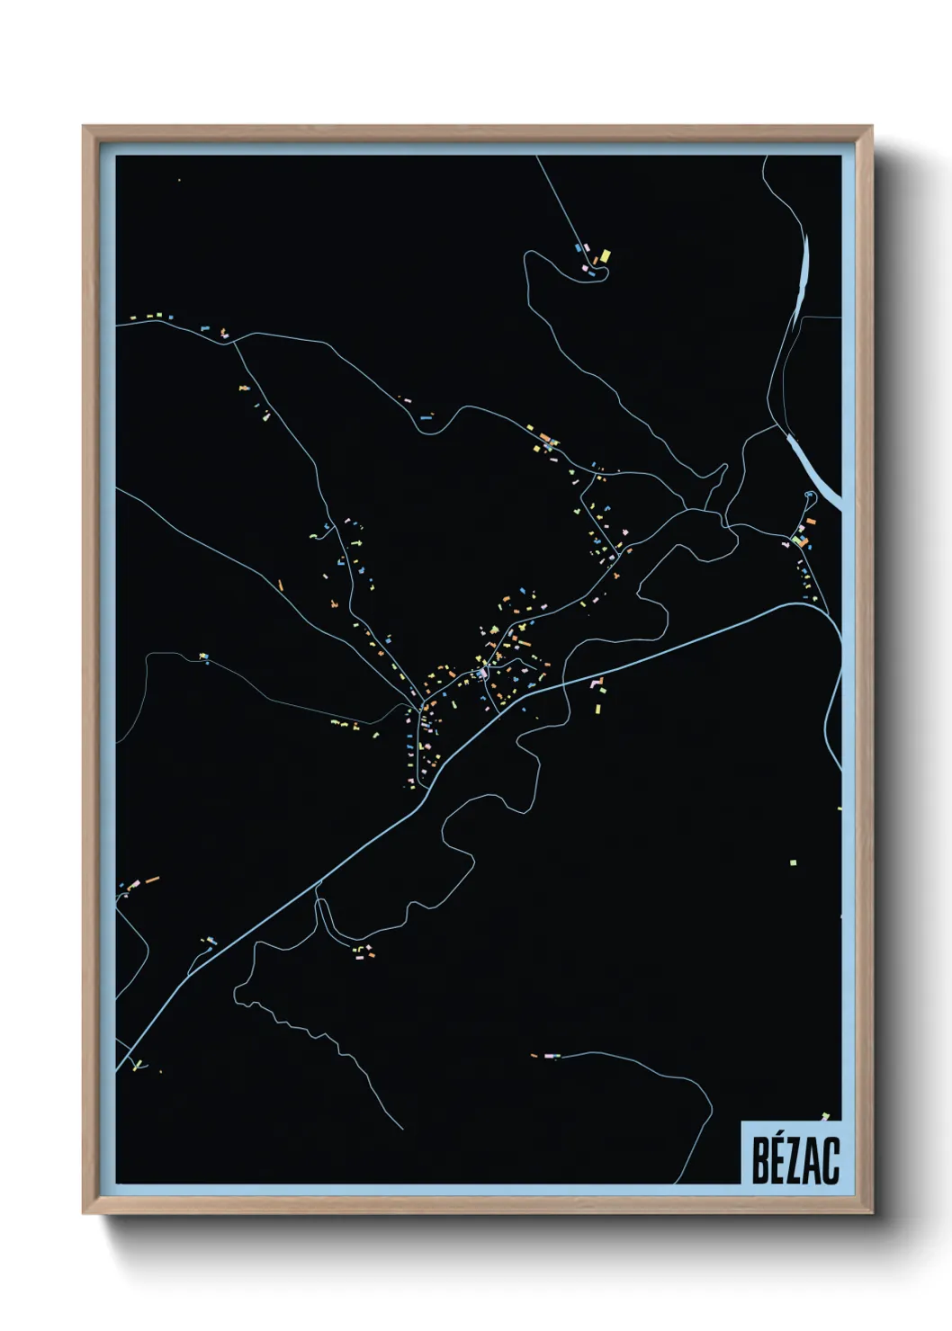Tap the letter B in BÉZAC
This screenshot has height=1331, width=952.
point(761,1160)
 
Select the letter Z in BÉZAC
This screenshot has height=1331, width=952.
point(798,1160)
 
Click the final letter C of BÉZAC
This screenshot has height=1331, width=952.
point(831,1160)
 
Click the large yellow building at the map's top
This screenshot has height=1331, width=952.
point(605,256)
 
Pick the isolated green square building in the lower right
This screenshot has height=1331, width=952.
point(793,862)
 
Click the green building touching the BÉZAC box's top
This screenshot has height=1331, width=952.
point(825,1117)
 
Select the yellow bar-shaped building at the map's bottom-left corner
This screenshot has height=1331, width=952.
point(138,1067)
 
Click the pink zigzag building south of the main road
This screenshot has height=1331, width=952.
point(596,683)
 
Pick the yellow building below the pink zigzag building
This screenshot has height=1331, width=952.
point(597,708)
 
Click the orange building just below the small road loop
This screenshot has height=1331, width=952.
point(810,521)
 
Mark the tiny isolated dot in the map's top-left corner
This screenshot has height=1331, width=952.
point(179,180)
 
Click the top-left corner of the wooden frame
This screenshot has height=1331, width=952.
point(85,128)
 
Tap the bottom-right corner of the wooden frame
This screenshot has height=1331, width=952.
point(871,1212)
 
